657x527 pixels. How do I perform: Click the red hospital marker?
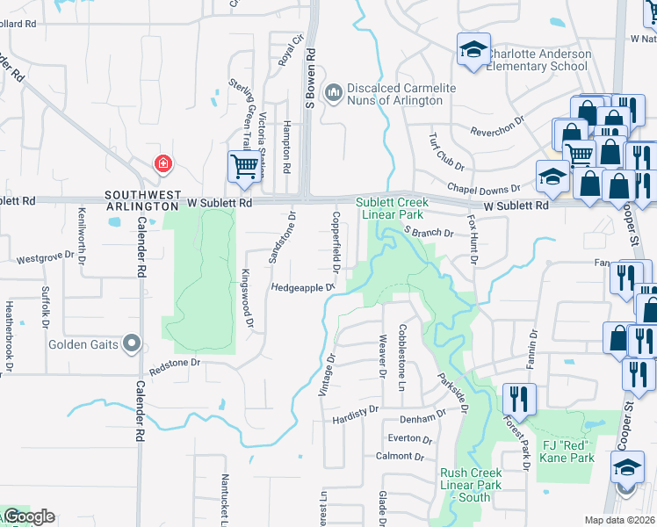(x=162, y=163)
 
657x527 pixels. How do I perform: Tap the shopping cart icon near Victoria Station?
(x=243, y=165)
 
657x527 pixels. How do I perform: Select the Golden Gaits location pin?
(x=132, y=343)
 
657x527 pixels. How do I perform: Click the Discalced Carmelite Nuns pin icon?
(x=333, y=93)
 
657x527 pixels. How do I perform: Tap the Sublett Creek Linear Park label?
(x=391, y=208)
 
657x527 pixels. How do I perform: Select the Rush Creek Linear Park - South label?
(x=470, y=485)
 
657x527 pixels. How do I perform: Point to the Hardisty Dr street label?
(x=355, y=409)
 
